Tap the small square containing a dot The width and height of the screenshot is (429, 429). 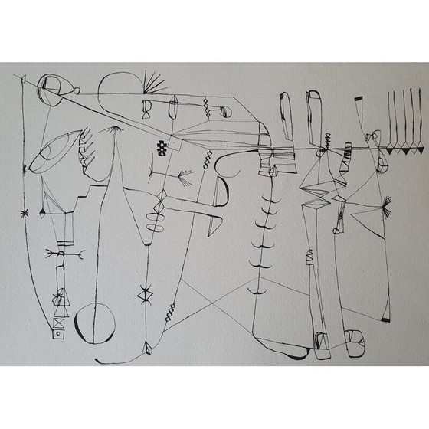tap(56, 333)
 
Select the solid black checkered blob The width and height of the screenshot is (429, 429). tap(162, 149)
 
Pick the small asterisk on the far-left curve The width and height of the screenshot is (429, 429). tap(25, 211)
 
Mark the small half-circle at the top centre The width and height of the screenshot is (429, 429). tap(226, 112)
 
